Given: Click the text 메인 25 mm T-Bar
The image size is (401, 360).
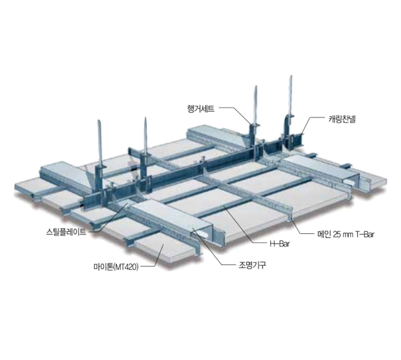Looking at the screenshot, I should tap(347, 234).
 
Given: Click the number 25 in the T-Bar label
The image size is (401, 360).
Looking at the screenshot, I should tap(337, 234).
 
